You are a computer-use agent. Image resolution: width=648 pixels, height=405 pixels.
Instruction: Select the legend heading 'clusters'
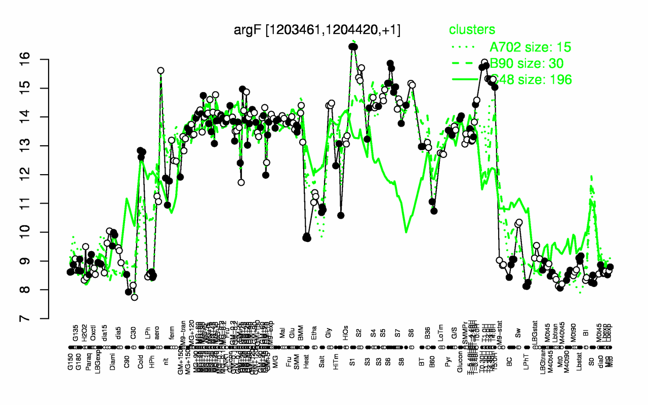pos(472,30)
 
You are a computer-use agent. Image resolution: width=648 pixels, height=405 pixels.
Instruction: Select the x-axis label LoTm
pos(441,335)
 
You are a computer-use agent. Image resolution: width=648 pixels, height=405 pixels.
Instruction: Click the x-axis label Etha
pos(314,335)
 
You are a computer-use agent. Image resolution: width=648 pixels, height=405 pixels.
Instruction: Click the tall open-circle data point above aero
pos(160,70)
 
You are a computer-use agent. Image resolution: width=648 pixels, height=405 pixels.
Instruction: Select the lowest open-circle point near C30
pos(134,297)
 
